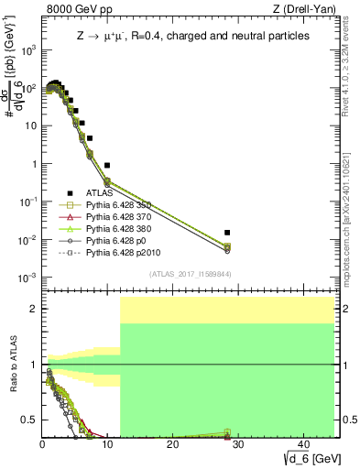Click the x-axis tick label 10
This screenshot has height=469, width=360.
107,444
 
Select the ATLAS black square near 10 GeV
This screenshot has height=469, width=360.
107,166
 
